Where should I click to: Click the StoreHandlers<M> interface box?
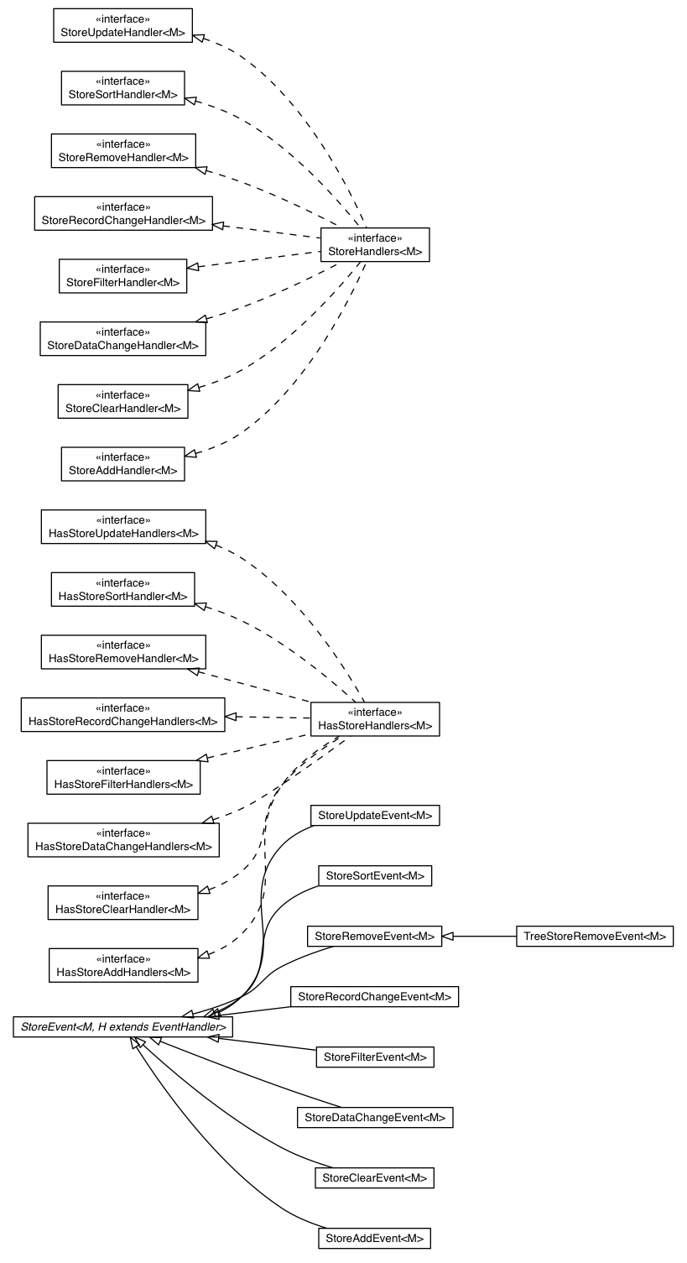(375, 245)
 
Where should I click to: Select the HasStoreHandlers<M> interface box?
(375, 719)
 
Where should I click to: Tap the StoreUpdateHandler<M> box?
(122, 25)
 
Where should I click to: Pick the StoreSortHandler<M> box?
(122, 88)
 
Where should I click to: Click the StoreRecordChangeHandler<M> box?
(122, 214)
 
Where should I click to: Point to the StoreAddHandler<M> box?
(122, 464)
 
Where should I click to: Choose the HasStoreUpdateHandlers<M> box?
(122, 527)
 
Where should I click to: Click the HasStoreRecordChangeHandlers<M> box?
(122, 715)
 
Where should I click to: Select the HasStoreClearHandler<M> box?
(122, 903)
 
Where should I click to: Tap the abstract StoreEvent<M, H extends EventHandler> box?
(122, 1026)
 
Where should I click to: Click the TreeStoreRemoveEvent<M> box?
(595, 936)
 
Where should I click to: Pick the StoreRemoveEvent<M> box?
(375, 936)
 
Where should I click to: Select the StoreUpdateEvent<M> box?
(375, 816)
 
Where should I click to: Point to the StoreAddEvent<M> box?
(375, 1238)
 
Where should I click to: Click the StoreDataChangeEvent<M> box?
(375, 1118)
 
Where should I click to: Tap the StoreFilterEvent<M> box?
(375, 1057)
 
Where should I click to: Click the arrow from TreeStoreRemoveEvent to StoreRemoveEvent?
(479, 936)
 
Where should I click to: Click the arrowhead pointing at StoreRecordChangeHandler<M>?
(219, 225)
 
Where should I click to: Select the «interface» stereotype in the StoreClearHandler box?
(122, 394)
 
